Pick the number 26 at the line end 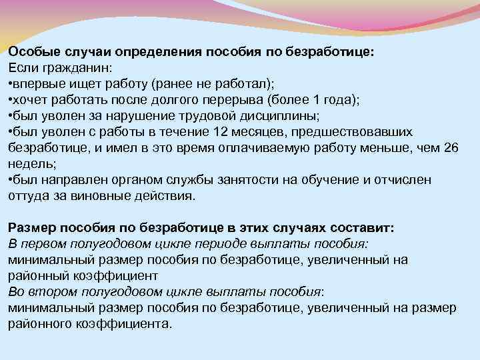(451, 148)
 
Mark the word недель (27, 164)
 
